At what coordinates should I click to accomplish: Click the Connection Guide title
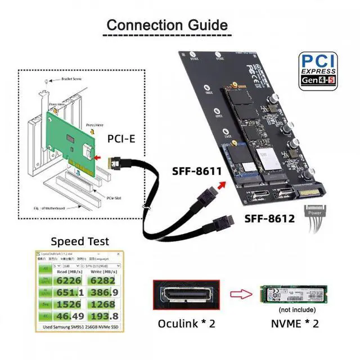(167, 25)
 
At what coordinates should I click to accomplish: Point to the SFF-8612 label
(268, 217)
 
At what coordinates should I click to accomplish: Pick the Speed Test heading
(79, 241)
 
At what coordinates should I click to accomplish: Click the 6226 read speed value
(70, 281)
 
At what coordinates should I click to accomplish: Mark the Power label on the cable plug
(315, 214)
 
